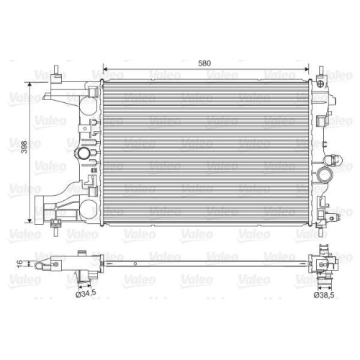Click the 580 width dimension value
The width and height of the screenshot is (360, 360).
tap(205, 63)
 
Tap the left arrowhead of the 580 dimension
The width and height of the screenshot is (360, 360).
tap(107, 71)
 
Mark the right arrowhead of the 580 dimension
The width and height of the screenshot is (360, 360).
tap(315, 71)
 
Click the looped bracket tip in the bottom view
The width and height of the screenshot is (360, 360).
tap(52, 265)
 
